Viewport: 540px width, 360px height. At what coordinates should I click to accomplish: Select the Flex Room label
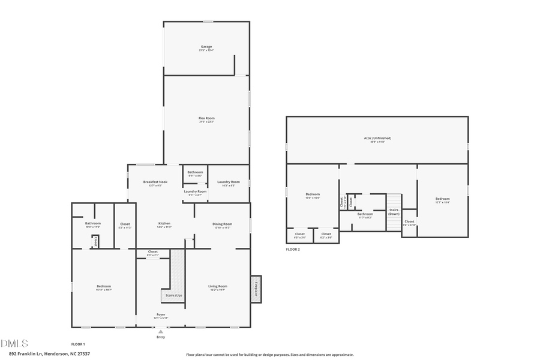coord(206,119)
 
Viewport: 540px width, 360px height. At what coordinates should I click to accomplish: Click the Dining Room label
coord(222,225)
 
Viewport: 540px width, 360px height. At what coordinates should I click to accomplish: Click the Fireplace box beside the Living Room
coord(256,289)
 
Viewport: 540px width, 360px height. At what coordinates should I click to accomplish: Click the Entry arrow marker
coord(160,331)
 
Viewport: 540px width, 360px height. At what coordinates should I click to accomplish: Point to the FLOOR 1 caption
coord(78,344)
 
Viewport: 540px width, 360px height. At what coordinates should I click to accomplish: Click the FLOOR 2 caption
coord(293,248)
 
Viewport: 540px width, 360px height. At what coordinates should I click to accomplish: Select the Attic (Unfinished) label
coord(377,139)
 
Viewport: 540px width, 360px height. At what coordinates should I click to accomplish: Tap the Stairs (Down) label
coord(394,212)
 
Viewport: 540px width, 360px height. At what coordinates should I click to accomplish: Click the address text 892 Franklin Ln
coord(49,354)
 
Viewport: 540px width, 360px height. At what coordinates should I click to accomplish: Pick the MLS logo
coord(14,343)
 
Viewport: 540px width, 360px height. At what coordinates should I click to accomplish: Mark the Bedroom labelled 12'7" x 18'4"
coord(442,200)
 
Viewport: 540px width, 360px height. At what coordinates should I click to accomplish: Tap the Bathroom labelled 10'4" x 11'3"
coord(92,225)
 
